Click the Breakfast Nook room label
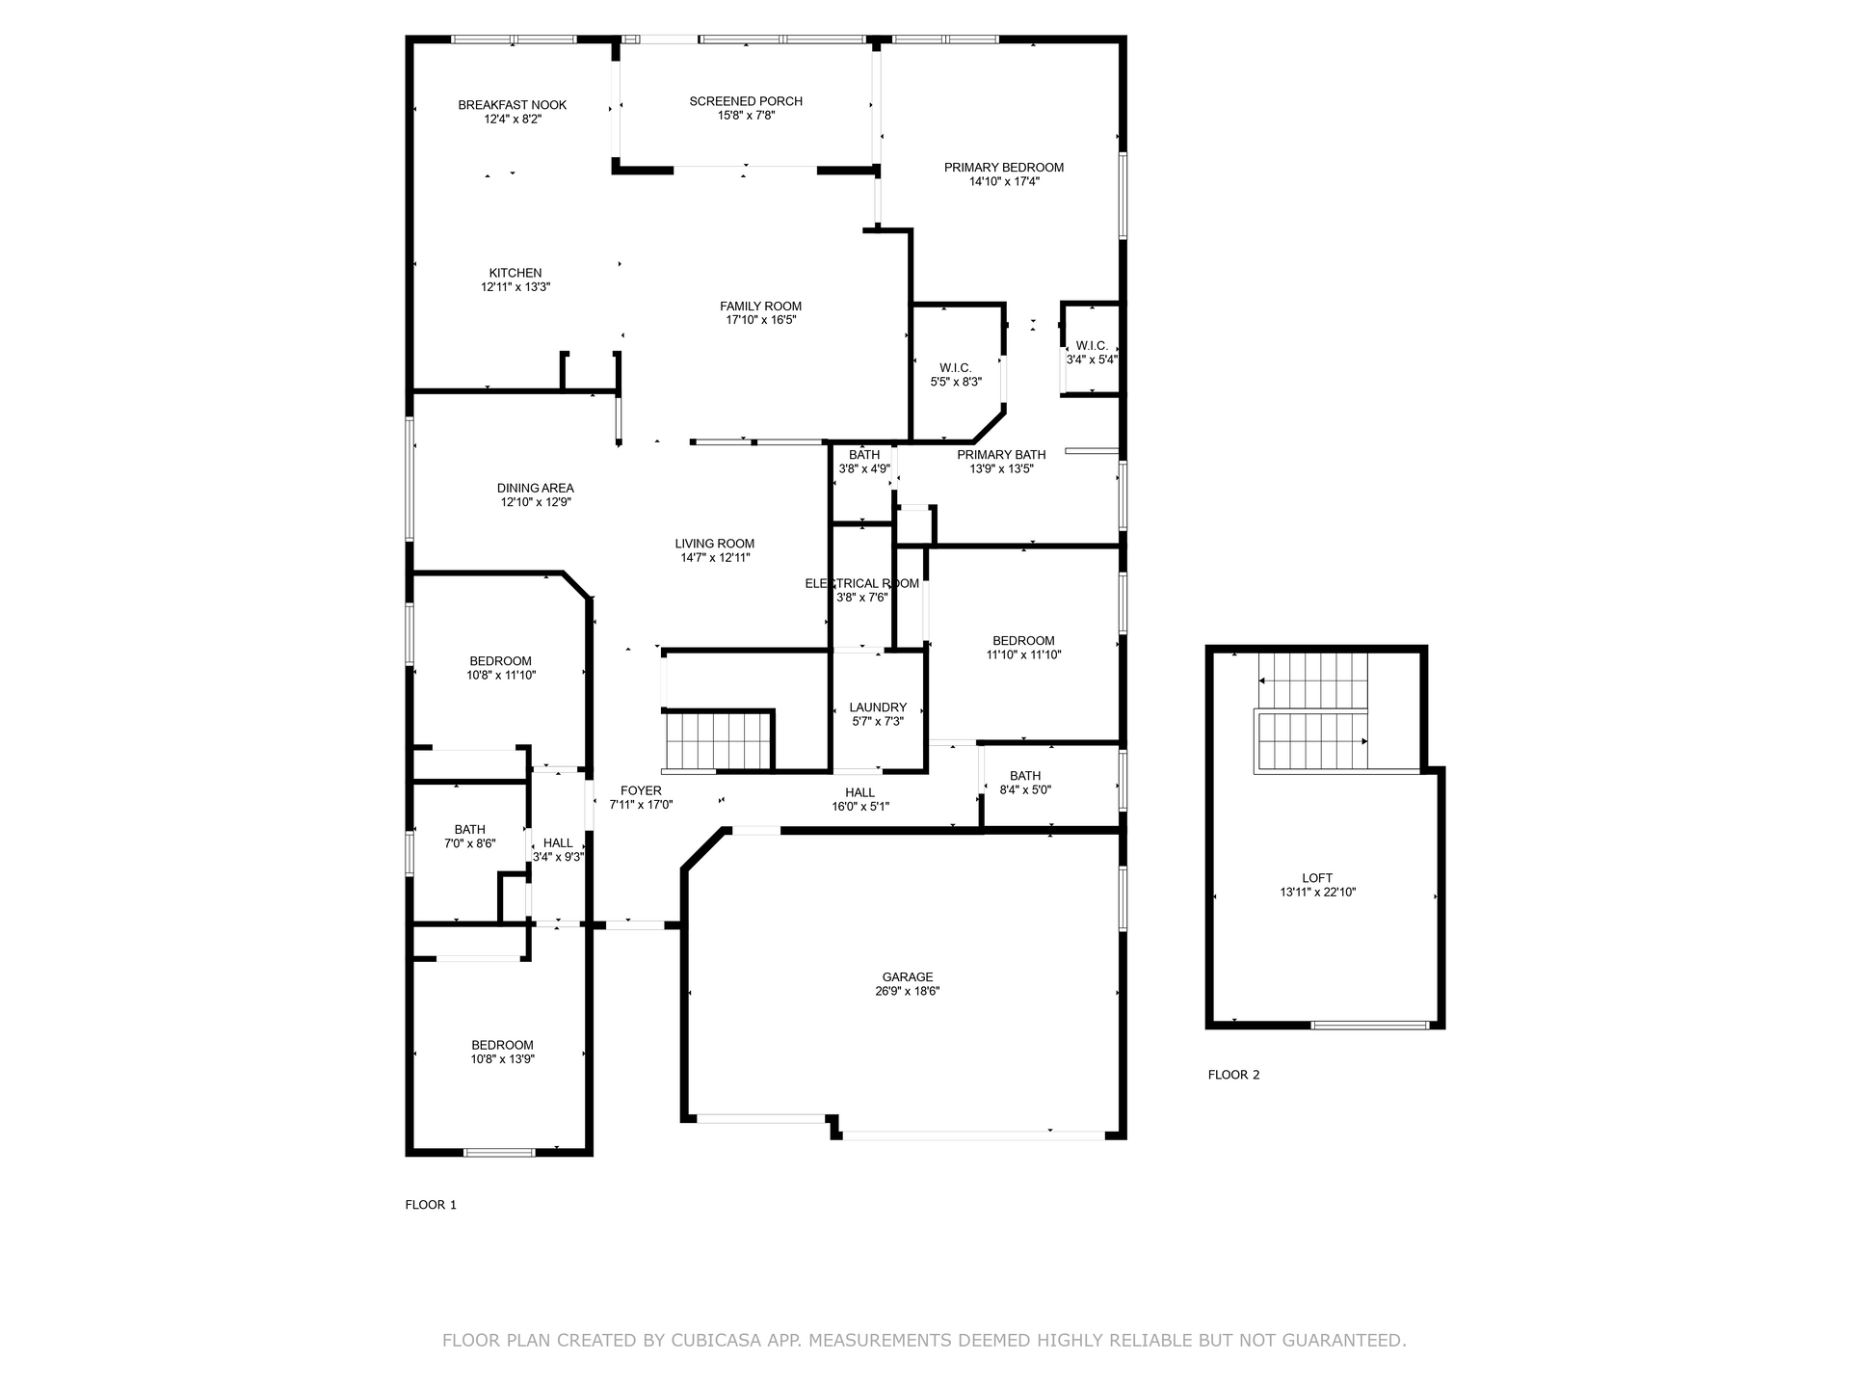click(x=513, y=105)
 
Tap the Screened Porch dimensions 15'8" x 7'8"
click(x=747, y=116)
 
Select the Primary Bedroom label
click(x=1004, y=168)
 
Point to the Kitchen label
click(x=515, y=274)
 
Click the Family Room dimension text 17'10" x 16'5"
click(x=761, y=320)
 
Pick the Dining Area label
click(x=536, y=489)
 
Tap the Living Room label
click(x=715, y=544)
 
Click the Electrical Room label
click(x=862, y=583)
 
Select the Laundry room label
click(x=878, y=707)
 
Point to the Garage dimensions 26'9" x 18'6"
click(x=908, y=991)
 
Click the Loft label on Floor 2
click(x=1317, y=878)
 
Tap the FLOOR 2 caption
click(x=1234, y=1075)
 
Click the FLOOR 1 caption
click(x=431, y=1205)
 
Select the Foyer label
click(x=641, y=791)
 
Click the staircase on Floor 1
click(x=719, y=740)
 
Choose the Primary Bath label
click(x=1001, y=455)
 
